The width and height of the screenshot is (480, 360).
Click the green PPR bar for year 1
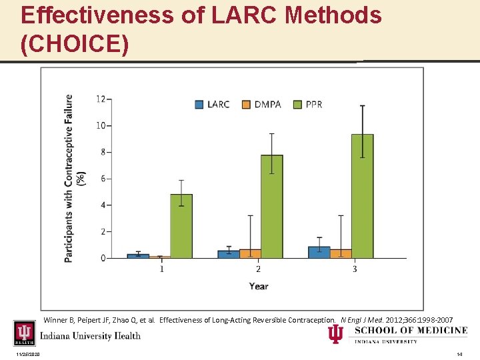coord(181,226)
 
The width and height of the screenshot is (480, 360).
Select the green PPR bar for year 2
coord(272,207)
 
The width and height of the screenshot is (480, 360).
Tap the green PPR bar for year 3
coord(362,196)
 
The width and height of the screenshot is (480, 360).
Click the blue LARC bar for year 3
coord(319,252)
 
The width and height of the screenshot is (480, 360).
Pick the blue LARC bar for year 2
coord(229,254)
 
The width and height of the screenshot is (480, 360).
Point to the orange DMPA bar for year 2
coord(250,253)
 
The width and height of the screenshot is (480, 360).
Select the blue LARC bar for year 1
coord(138,255)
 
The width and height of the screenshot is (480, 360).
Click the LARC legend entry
coord(212,104)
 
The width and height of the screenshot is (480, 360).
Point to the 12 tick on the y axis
coord(101,99)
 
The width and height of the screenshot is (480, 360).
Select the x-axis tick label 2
coord(258,269)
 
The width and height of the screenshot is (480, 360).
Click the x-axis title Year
coord(259,286)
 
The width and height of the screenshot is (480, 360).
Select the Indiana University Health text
coord(90,335)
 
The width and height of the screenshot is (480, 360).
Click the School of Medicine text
coord(411,331)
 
